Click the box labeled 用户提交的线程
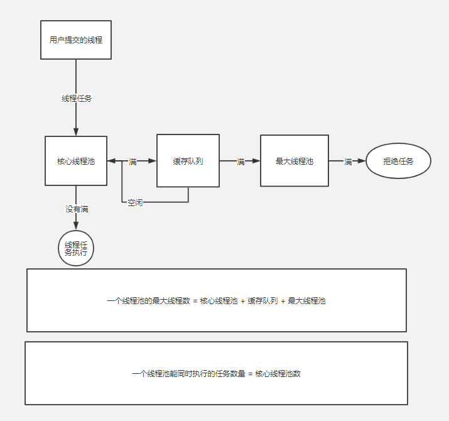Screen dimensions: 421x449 click(x=76, y=40)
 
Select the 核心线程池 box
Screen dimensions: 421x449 click(x=76, y=161)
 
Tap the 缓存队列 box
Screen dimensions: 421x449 click(x=188, y=161)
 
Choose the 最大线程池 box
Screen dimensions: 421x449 click(x=294, y=161)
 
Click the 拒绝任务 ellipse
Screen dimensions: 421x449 click(x=398, y=161)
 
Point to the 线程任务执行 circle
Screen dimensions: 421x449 click(x=76, y=248)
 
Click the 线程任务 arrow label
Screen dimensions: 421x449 click(x=77, y=99)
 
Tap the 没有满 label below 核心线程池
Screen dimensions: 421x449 click(x=77, y=209)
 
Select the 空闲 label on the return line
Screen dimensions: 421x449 click(x=135, y=202)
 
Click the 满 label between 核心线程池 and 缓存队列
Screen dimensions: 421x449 click(x=133, y=161)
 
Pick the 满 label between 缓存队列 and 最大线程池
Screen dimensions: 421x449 click(x=241, y=161)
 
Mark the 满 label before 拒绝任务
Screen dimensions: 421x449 click(x=348, y=161)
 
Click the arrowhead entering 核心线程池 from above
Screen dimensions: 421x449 click(x=76, y=131)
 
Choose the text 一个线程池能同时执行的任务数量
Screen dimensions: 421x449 click(x=188, y=373)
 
